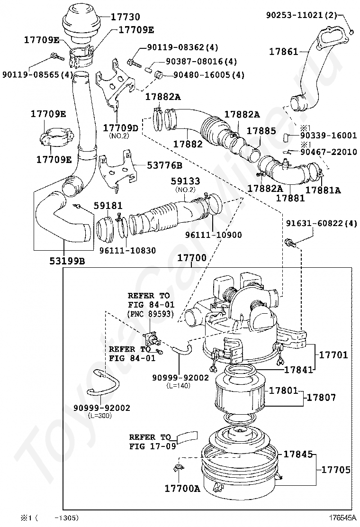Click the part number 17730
tap(121, 17)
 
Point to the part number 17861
tap(283, 52)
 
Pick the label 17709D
tap(121, 128)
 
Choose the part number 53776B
tap(164, 165)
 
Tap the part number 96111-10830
tap(127, 250)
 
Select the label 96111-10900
tap(214, 235)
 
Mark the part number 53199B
tap(67, 261)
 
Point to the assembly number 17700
tap(192, 258)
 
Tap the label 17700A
tap(182, 488)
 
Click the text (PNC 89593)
tap(151, 314)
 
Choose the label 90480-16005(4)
tap(209, 74)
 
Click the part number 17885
tap(261, 131)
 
